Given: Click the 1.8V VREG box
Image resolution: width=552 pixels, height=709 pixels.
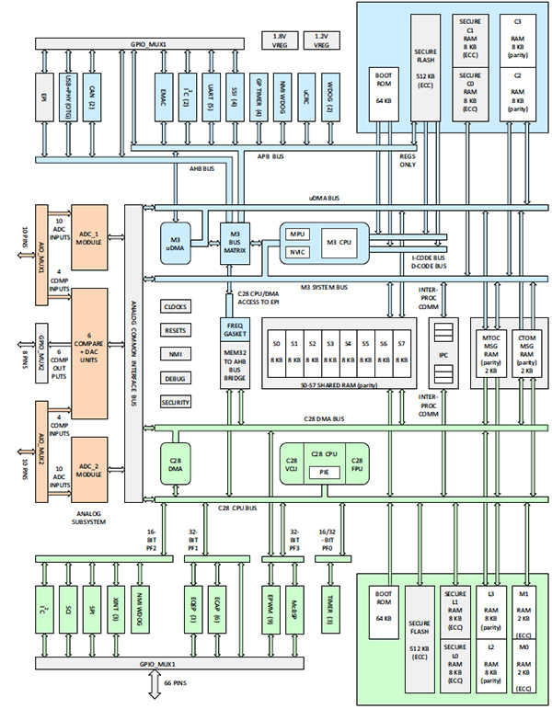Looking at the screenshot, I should click(280, 40).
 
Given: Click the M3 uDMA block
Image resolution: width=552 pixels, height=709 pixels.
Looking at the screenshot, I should click(176, 242).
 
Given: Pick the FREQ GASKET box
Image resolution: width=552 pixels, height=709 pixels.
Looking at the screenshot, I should click(235, 328).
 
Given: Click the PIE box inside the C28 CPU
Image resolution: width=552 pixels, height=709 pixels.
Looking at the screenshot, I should click(325, 471).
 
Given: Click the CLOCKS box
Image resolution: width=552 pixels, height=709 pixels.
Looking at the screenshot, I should click(177, 306).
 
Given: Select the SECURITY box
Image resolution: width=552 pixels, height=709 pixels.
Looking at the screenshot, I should click(177, 402).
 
